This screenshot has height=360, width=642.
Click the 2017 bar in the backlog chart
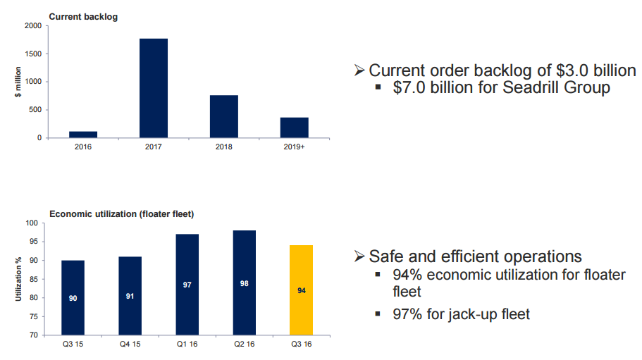coord(153,88)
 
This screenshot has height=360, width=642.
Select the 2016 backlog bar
coord(83,134)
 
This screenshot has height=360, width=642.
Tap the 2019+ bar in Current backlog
coord(294,128)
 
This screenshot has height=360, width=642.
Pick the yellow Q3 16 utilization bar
coord(301,290)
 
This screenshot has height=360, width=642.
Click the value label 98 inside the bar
coord(244,283)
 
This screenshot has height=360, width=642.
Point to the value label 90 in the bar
coord(73,298)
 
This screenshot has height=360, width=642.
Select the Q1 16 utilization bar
coord(187,285)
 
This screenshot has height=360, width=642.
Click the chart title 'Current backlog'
coord(82,17)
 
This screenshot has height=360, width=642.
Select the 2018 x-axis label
coord(223,147)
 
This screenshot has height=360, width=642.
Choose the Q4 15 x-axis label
coord(130,345)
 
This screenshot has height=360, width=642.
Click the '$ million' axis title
coord(19,82)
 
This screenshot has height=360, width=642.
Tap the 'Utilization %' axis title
coord(19,279)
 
